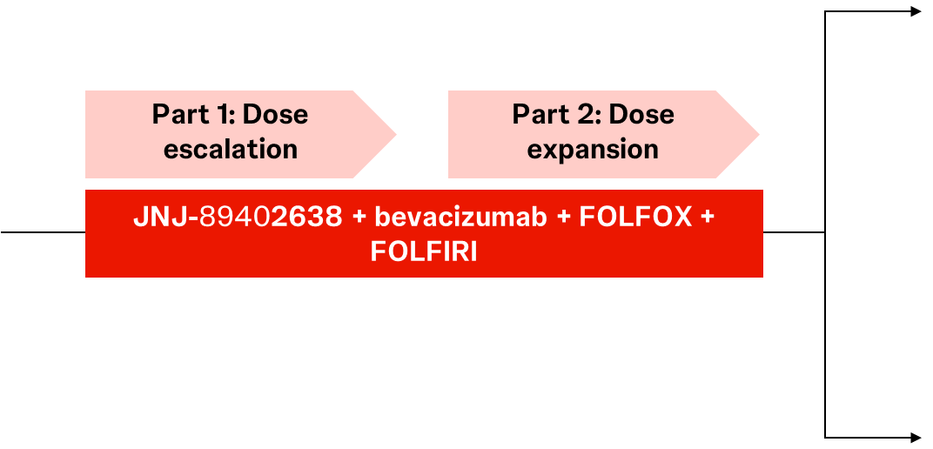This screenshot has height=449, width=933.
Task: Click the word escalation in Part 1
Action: click(x=231, y=149)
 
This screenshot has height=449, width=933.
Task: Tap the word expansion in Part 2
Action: click(x=594, y=150)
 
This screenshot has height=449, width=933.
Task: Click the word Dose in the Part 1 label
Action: click(x=275, y=114)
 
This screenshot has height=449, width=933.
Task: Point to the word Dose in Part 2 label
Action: click(x=641, y=114)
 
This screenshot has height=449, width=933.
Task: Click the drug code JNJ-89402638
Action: click(x=238, y=217)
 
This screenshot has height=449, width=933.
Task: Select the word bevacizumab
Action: click(x=460, y=217)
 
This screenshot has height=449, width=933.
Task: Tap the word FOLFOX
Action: click(x=635, y=217)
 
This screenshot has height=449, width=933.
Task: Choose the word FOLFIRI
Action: click(x=424, y=251)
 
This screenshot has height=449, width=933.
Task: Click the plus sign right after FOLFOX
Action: click(x=707, y=218)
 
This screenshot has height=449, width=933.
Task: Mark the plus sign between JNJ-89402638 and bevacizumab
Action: click(x=359, y=218)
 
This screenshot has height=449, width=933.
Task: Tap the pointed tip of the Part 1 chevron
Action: click(x=396, y=134)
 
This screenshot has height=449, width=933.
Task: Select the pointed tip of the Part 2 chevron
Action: click(x=759, y=134)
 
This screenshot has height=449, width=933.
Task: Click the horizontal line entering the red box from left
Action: click(x=43, y=232)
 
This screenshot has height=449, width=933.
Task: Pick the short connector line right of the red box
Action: click(x=794, y=232)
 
